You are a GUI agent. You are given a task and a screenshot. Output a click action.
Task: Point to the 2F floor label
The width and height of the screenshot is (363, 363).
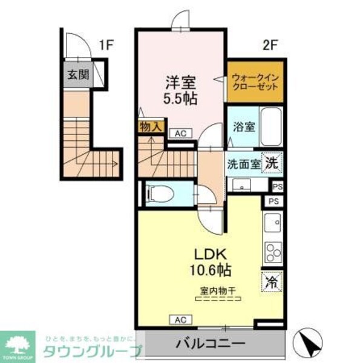click(x=269, y=44)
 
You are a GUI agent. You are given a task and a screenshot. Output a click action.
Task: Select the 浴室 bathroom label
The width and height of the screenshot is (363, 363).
click(x=243, y=128)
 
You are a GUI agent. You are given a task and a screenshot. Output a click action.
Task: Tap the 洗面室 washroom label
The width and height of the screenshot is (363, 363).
click(x=244, y=163)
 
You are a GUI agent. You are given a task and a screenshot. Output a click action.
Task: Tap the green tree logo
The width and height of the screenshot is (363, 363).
click(x=19, y=344)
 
